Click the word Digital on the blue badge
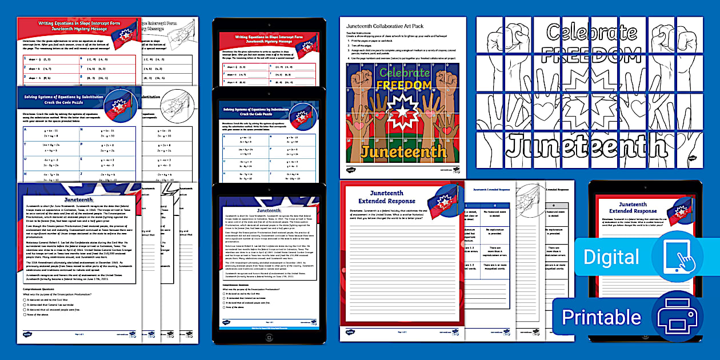pyautogui.click(x=612, y=257)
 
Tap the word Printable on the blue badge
pyautogui.click(x=601, y=317)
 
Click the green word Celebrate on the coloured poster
pyautogui.click(x=405, y=73)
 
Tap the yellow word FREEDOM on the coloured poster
pyautogui.click(x=404, y=85)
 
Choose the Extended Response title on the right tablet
pyautogui.click(x=633, y=207)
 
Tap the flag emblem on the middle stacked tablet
pyautogui.click(x=303, y=115)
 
